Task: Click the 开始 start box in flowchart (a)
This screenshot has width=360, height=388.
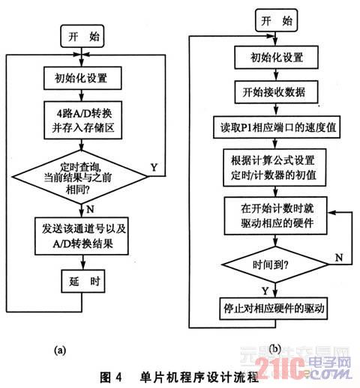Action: [x=82, y=36]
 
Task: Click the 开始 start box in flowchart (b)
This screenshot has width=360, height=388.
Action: [x=276, y=20]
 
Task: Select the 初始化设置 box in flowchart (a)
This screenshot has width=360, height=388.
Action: [x=82, y=78]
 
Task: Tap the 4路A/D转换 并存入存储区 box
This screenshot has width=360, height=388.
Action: [x=83, y=120]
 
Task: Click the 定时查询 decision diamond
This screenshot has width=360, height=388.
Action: [x=80, y=177]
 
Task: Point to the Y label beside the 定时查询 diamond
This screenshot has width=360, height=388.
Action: [x=154, y=168]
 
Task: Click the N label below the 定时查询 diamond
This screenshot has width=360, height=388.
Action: [x=90, y=209]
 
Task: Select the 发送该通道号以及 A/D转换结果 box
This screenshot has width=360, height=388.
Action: [x=82, y=236]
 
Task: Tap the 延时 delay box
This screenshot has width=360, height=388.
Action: [x=83, y=281]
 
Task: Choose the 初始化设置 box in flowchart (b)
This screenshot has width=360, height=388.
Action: [x=276, y=58]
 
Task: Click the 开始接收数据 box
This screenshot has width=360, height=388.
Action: [x=276, y=92]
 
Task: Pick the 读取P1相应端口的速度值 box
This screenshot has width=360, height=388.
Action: [x=277, y=127]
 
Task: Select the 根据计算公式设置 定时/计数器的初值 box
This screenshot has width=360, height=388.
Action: [x=274, y=167]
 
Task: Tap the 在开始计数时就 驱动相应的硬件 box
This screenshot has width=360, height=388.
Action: [x=275, y=216]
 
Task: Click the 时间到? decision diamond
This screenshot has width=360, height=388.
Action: [x=275, y=264]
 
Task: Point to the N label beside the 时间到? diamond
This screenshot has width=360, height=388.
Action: [x=339, y=258]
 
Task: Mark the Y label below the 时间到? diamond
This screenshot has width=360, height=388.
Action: [x=265, y=291]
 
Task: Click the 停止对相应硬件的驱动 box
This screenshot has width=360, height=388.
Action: [x=274, y=309]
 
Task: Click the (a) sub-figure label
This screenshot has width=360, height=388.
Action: [x=60, y=350]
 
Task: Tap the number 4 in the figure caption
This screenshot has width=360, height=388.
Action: [x=118, y=377]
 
